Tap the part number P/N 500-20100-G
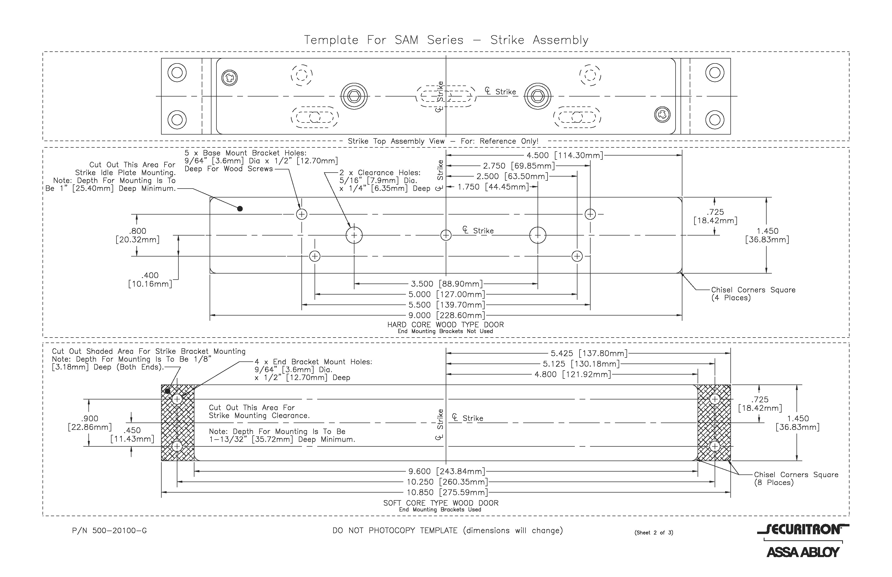109,531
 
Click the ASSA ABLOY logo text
803,552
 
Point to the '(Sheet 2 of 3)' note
654,532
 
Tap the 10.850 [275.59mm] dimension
447,492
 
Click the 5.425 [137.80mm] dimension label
588,353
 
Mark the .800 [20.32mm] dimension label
137,235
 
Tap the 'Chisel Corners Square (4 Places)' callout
753,294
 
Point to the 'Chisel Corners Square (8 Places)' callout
796,478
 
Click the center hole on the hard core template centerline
446,235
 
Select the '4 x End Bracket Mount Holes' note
313,370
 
